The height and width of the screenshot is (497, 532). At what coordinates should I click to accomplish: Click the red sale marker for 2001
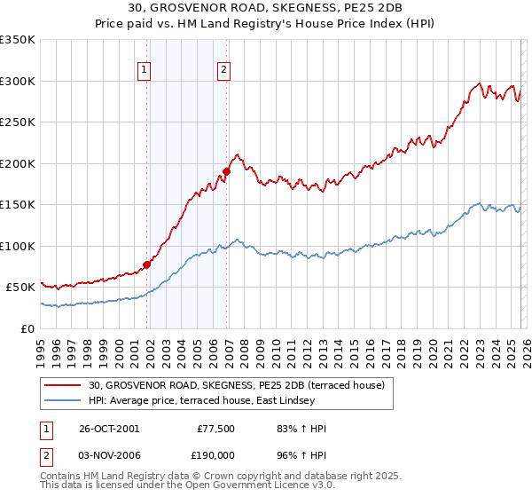pos(147,264)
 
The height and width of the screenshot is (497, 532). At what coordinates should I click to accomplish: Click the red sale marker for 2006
pos(226,170)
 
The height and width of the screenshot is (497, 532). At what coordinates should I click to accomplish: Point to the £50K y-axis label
pos(20,288)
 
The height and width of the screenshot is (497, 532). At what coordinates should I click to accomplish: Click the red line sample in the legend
pos(65,386)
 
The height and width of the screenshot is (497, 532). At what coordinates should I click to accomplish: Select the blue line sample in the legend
pos(65,400)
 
